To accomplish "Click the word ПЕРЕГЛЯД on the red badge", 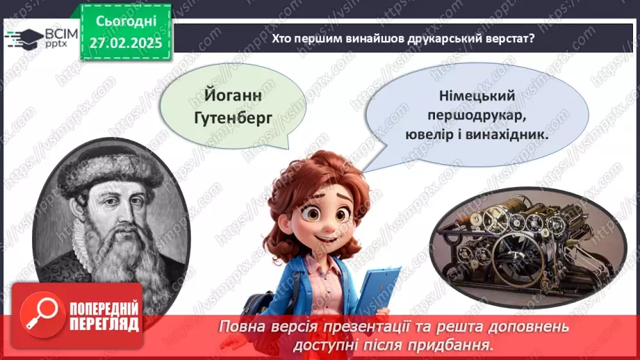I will (105, 324).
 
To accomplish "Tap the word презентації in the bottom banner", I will (356, 327).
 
